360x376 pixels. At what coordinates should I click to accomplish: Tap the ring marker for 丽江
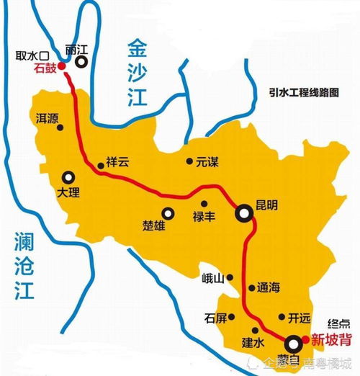point(81,63)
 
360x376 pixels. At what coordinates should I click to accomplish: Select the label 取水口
point(29,55)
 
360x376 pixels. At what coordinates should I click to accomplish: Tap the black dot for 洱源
point(60,127)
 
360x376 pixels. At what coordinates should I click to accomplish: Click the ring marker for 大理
point(68,176)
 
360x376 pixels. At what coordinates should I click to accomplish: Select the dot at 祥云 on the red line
point(99,166)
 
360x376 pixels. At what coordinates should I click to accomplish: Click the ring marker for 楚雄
point(168,212)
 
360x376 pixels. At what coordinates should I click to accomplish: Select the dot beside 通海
point(251,287)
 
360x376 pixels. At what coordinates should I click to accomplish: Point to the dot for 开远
point(282,317)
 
